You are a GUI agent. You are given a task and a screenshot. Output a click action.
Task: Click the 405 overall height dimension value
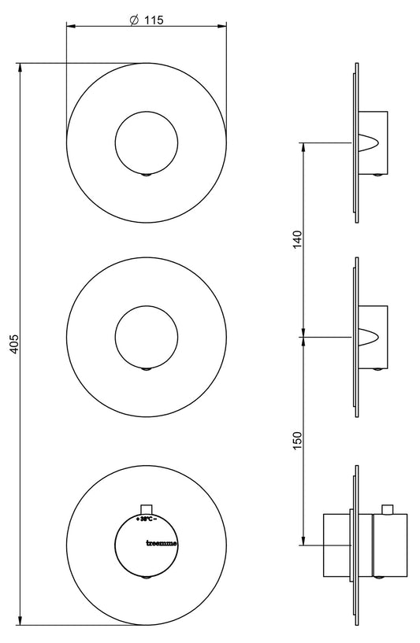click(13, 344)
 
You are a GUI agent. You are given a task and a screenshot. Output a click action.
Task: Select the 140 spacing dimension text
click(297, 239)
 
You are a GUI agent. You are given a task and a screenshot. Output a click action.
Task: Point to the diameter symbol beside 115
click(134, 21)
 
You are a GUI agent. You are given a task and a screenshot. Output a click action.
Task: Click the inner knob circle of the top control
click(147, 142)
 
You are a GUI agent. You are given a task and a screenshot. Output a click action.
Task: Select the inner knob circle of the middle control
click(147, 337)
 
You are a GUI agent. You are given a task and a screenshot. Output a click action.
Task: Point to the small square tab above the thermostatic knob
click(146, 509)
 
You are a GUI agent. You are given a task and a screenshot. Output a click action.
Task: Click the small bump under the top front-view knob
click(146, 175)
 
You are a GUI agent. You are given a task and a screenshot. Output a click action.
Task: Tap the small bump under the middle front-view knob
click(146, 369)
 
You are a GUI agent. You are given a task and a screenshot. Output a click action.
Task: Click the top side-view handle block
click(374, 142)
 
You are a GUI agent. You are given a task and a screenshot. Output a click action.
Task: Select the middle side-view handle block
click(374, 336)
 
